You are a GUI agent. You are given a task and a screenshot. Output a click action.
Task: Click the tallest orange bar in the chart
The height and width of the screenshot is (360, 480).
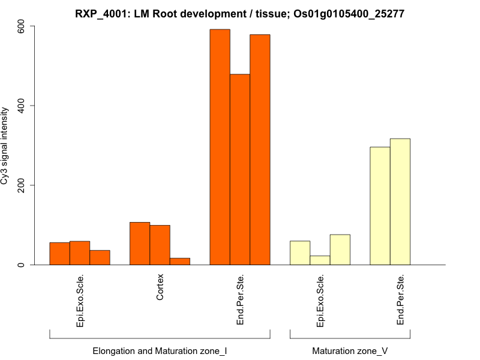[x=220, y=147]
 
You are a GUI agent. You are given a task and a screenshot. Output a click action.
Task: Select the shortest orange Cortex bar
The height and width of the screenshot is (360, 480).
[x=180, y=261]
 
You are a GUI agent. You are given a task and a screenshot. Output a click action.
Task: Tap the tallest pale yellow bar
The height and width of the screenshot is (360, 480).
[x=400, y=202]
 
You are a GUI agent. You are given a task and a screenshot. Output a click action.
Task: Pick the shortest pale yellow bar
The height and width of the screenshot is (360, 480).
[x=320, y=260]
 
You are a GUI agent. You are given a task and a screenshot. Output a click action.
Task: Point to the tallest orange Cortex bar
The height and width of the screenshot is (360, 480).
[x=140, y=243]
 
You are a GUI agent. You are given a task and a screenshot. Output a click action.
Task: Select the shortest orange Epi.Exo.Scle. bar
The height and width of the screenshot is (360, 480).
[x=100, y=257]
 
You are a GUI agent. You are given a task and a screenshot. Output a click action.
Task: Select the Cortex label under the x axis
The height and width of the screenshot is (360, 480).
[x=160, y=288]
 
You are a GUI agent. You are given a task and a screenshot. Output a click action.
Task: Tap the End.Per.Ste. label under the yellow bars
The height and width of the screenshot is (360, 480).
[x=400, y=300]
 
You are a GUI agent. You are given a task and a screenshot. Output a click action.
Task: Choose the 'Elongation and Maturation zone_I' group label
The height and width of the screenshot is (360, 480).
[x=160, y=350]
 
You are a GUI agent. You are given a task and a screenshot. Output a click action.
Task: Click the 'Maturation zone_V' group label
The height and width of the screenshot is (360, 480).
[x=350, y=350]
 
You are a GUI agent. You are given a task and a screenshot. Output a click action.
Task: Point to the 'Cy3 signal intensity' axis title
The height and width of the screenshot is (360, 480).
[x=6, y=146]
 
